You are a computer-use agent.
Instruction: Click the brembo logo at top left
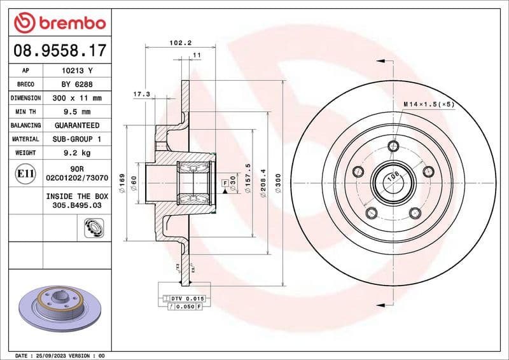click(59, 23)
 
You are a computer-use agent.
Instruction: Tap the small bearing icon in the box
click(93, 227)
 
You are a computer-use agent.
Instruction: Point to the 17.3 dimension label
click(141, 94)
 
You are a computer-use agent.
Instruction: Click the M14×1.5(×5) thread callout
click(428, 104)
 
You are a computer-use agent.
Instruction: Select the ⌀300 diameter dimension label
click(278, 184)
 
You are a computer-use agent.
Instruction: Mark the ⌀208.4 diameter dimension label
click(261, 184)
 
